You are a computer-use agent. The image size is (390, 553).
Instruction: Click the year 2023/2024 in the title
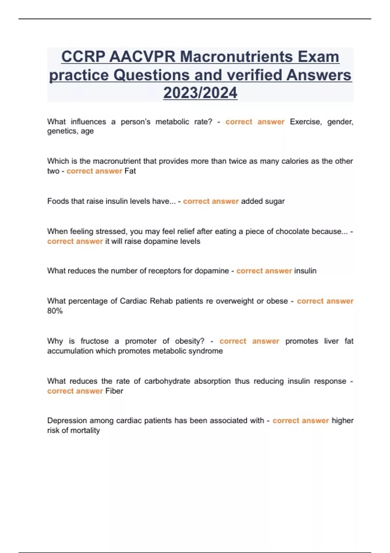click(200, 93)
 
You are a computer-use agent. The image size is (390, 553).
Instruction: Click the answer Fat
click(130, 171)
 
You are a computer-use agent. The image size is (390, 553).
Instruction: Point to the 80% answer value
click(55, 311)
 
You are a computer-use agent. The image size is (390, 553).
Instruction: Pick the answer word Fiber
click(114, 391)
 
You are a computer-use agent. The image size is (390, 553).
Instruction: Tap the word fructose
click(95, 341)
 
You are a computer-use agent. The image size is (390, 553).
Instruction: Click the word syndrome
click(208, 351)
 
